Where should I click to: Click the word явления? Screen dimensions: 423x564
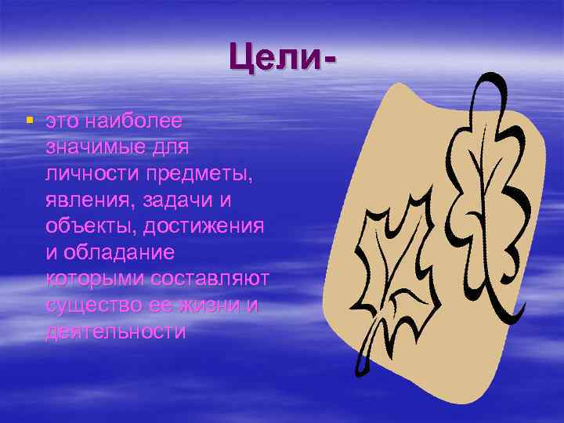[x=89, y=201]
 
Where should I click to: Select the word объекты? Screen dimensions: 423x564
[x=89, y=226]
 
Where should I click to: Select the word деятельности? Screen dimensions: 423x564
[x=115, y=331]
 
